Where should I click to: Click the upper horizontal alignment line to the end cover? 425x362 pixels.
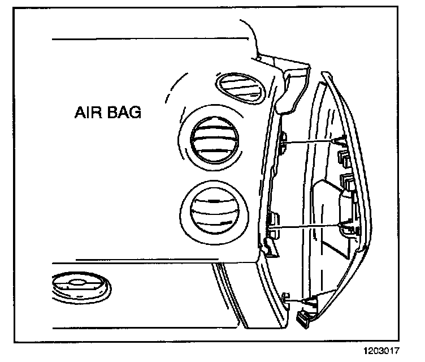pos(314,140)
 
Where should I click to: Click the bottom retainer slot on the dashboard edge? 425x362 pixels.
pos(285,295)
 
